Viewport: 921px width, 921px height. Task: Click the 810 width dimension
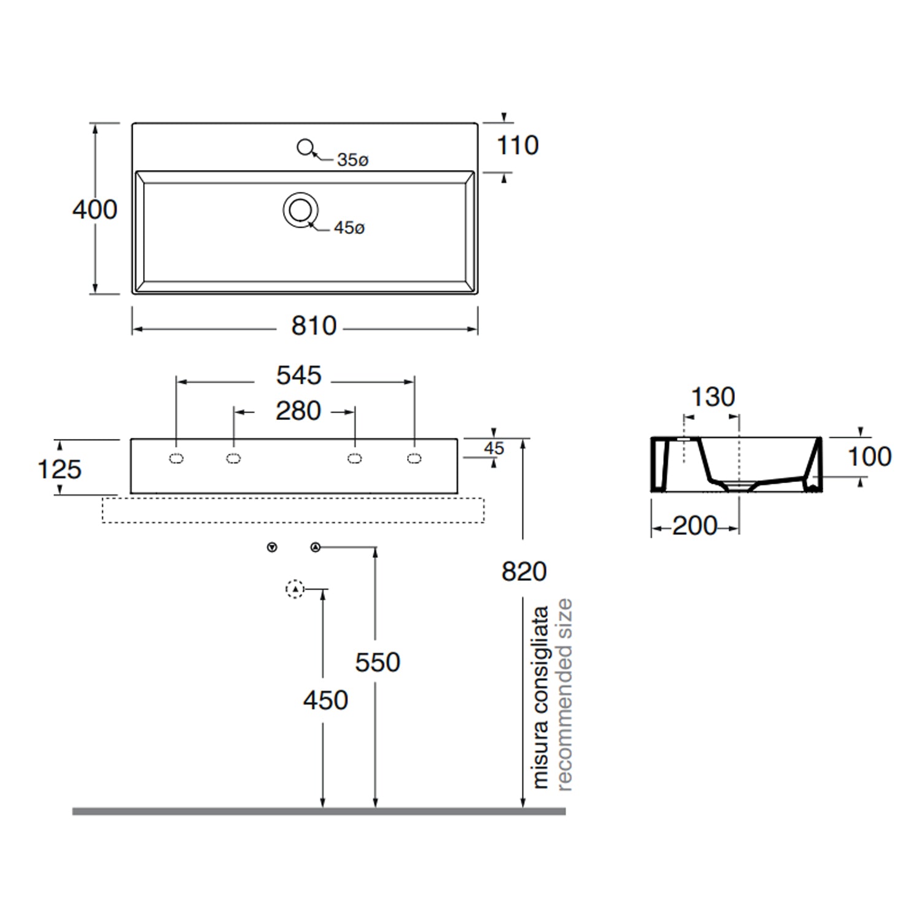click(314, 325)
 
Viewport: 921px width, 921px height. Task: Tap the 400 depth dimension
click(95, 209)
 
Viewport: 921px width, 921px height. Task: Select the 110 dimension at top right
click(518, 146)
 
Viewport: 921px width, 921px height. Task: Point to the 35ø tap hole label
click(352, 160)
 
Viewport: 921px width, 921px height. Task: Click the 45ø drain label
click(349, 228)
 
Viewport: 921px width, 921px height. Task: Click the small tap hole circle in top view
click(305, 147)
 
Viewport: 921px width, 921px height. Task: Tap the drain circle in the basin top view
click(300, 211)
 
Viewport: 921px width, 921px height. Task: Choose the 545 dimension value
click(298, 375)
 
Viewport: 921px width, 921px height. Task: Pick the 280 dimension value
click(298, 411)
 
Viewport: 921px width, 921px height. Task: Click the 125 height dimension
click(60, 469)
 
